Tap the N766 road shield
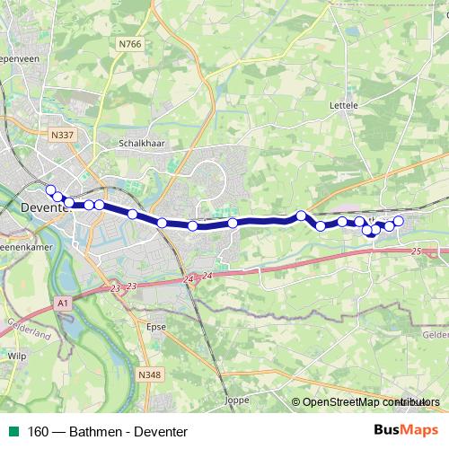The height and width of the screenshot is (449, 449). point(129,42)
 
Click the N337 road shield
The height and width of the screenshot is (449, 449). point(63,135)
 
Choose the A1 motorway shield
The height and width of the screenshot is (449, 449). point(62,304)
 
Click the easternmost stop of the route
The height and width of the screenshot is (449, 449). point(399,221)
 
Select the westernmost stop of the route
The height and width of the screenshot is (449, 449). point(49,189)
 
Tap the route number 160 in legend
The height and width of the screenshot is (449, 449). point(38,432)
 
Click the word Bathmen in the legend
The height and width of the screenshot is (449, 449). point(100,432)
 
